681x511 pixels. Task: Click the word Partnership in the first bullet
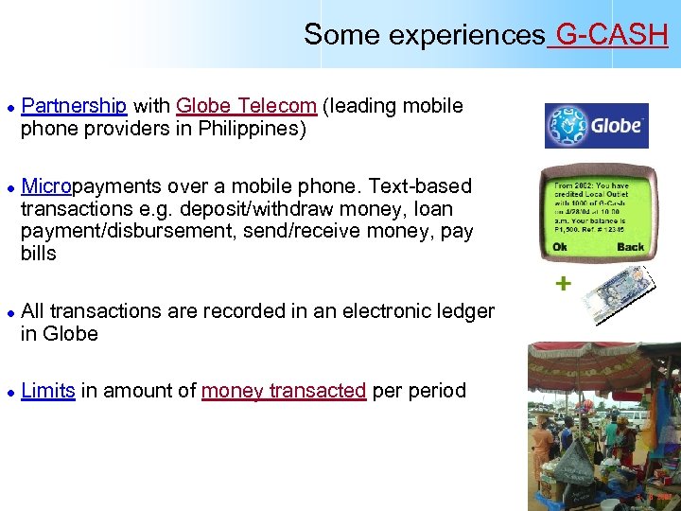point(74,105)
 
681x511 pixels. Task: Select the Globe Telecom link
point(246,105)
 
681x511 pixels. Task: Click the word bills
point(39,254)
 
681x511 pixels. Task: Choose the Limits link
point(47,390)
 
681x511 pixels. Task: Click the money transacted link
point(284,390)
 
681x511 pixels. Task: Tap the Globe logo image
point(596,126)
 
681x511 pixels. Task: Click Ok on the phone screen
point(561,247)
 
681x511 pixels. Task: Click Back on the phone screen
point(630,247)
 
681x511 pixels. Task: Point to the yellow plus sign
point(565,283)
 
